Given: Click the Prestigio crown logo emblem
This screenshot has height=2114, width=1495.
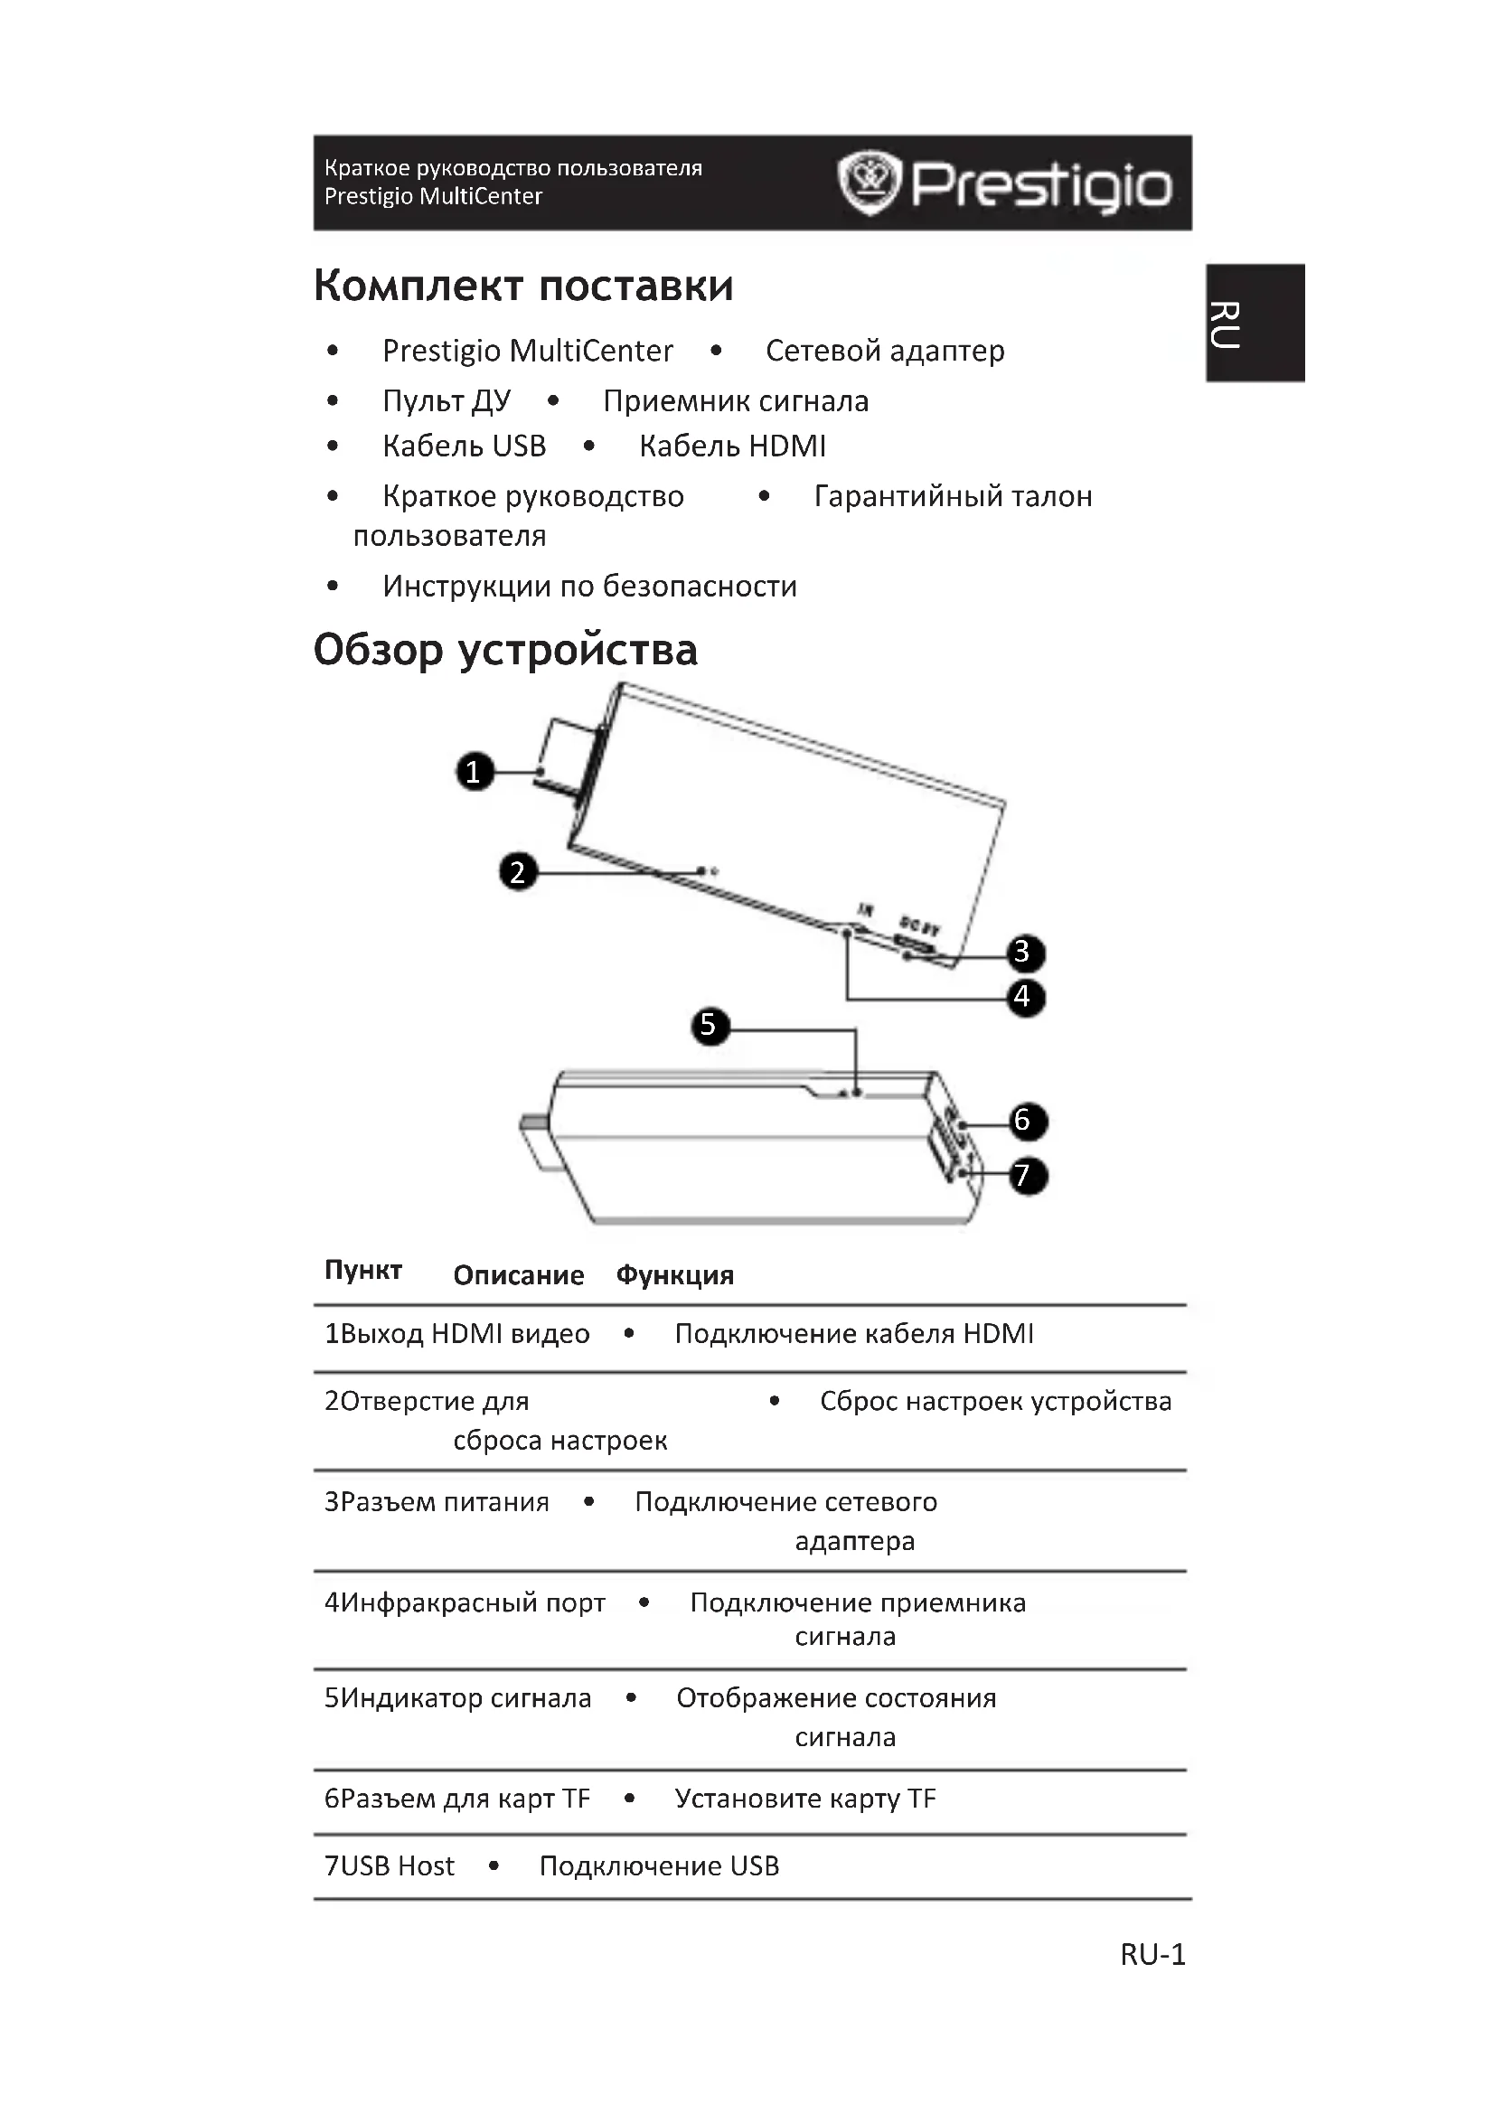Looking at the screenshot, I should [x=867, y=183].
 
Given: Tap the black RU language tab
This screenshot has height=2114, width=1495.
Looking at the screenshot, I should [x=1255, y=324].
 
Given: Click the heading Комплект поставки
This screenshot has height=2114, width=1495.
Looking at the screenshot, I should [x=522, y=286].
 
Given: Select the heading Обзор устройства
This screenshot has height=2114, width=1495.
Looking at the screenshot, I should [x=505, y=650].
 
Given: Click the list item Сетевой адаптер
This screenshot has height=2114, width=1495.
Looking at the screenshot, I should [x=885, y=351].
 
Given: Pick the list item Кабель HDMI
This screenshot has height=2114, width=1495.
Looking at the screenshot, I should [x=732, y=446].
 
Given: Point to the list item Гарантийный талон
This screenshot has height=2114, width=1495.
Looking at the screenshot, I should [x=953, y=496].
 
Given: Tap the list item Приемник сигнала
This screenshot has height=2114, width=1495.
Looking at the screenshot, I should [x=736, y=401].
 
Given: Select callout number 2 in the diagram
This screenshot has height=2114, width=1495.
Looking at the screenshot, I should [x=517, y=871].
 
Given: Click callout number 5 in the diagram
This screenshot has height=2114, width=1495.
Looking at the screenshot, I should [x=708, y=1025].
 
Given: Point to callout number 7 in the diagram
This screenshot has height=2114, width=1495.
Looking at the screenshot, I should [x=1024, y=1176].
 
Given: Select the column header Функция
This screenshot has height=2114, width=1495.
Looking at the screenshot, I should [x=675, y=1275].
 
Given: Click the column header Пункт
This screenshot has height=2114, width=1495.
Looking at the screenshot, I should [x=362, y=1271].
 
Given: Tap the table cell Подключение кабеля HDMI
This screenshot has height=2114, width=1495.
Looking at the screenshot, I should [x=853, y=1334].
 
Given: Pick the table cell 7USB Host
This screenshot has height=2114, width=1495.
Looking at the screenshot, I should [x=390, y=1866].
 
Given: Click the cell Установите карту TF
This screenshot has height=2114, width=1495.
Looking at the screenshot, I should [x=804, y=1799].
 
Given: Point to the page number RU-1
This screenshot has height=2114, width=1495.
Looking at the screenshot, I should [x=1152, y=1955].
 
